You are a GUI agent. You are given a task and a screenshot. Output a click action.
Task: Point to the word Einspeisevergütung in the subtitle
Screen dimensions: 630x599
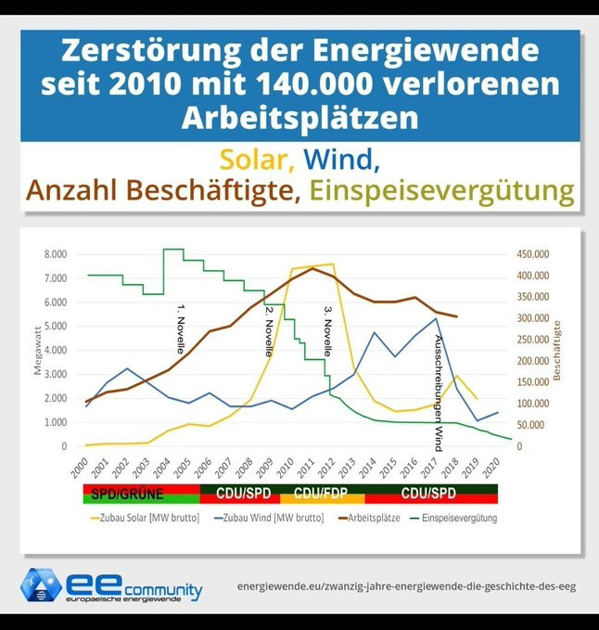pos(442,192)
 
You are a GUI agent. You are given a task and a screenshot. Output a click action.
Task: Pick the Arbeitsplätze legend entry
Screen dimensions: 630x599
pos(366,517)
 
